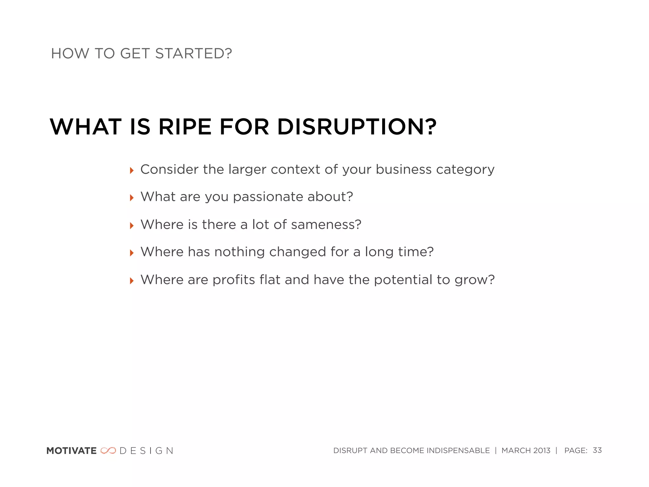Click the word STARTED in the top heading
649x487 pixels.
coord(193,54)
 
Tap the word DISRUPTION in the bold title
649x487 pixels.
coord(357,127)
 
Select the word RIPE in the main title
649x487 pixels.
coord(185,127)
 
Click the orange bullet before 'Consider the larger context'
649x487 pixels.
coord(132,171)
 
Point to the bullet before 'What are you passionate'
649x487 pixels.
coord(132,198)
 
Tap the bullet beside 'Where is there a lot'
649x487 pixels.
coord(132,226)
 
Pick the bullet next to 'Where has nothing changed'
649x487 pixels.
coord(132,253)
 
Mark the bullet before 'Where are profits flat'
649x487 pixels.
coord(132,281)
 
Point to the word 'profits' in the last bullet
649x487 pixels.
coord(234,280)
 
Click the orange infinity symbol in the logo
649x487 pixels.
coord(108,451)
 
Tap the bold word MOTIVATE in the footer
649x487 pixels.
coord(71,451)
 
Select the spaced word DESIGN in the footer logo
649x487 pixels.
coord(146,451)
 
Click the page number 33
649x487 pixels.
coord(597,450)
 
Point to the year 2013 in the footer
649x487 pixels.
coord(542,451)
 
